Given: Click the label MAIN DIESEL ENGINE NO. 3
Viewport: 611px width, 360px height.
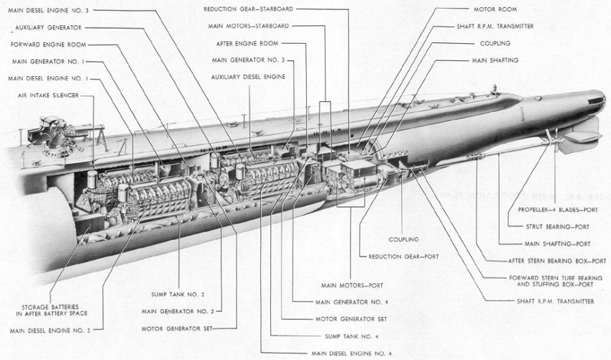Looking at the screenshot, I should pyautogui.click(x=47, y=11).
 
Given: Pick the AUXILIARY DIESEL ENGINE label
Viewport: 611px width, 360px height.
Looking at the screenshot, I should pyautogui.click(x=248, y=77).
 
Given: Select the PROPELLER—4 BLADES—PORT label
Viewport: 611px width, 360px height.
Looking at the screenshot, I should pyautogui.click(x=555, y=210).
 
